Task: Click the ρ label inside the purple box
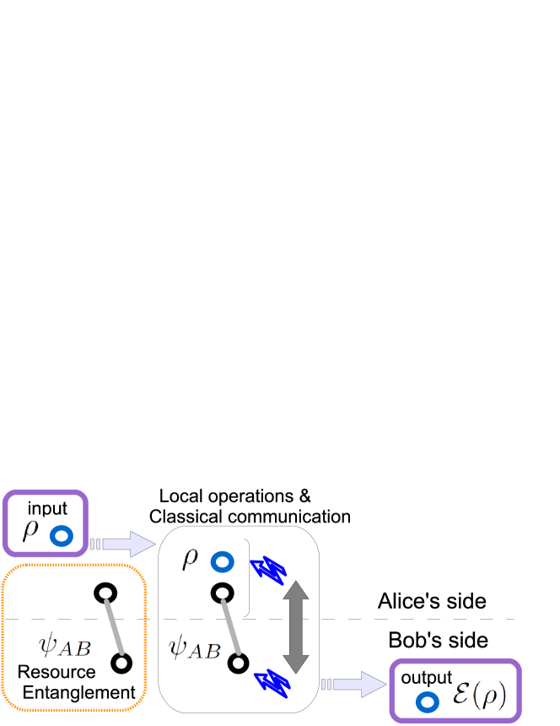(30, 529)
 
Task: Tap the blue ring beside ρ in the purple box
(61, 535)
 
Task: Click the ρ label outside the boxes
(191, 558)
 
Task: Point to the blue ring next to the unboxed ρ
(222, 561)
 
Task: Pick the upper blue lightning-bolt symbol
(269, 569)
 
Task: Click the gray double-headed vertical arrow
(295, 626)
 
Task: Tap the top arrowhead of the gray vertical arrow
(295, 588)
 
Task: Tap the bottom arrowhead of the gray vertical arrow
(295, 664)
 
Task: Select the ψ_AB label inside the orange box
(64, 643)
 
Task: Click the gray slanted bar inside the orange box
(115, 626)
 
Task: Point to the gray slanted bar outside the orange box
(231, 626)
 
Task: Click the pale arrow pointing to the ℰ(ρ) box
(358, 684)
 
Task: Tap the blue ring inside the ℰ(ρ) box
(428, 702)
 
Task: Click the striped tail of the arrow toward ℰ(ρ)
(327, 684)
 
